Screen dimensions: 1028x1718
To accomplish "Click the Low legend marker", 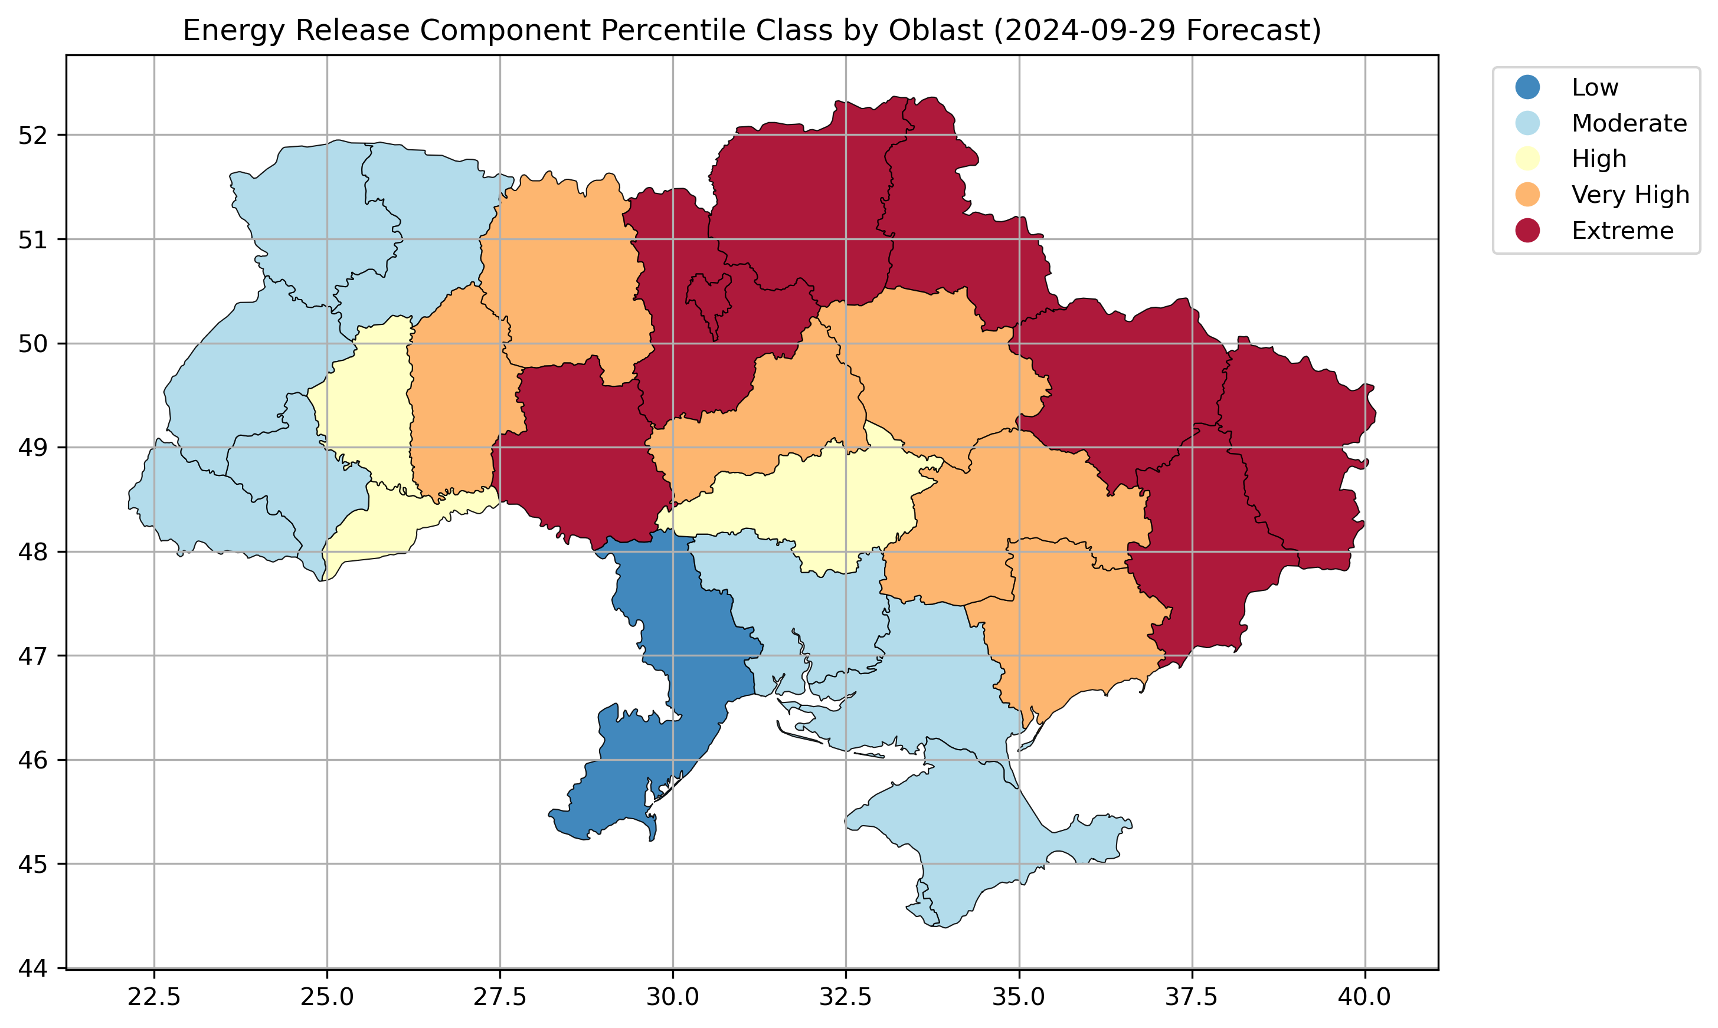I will pos(1527,87).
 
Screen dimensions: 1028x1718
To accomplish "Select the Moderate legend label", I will pos(1629,123).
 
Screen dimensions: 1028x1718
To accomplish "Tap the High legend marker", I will pos(1527,159).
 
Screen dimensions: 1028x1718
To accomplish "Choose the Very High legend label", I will pos(1630,195).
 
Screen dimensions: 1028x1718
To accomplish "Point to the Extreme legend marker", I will pos(1527,231).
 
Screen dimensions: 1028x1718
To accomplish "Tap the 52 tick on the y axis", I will pos(32,135).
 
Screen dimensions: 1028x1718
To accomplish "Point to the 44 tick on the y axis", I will pos(32,968).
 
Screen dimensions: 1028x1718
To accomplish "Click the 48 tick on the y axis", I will pos(32,552).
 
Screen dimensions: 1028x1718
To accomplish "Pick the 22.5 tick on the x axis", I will pos(154,997).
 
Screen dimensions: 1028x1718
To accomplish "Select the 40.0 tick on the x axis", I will pos(1364,997).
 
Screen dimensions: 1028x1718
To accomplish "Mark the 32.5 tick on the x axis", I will pos(846,997).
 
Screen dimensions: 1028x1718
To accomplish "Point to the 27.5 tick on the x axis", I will pos(500,997).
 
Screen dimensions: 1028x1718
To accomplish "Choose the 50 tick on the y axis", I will pos(32,344).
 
